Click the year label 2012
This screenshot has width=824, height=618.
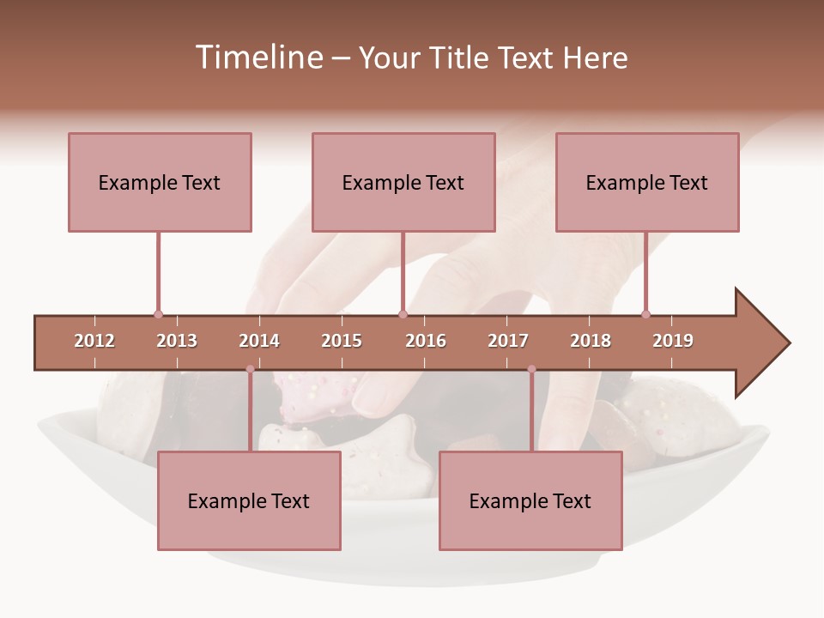(x=94, y=341)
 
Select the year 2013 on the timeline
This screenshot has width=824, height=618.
(x=177, y=341)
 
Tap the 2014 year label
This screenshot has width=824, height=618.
(x=259, y=341)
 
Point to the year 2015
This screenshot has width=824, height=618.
(x=342, y=341)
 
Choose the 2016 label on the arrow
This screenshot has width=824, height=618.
(x=426, y=341)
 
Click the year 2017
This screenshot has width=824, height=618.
(x=508, y=341)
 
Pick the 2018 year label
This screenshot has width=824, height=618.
(x=591, y=341)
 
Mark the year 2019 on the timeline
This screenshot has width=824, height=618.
(x=673, y=341)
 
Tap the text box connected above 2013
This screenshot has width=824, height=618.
(x=160, y=182)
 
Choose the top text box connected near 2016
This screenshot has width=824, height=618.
(x=403, y=182)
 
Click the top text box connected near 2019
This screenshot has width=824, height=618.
(x=647, y=182)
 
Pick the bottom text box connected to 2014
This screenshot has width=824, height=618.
(x=249, y=500)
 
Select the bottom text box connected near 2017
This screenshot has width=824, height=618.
(x=530, y=500)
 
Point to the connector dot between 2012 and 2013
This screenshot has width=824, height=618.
(x=158, y=314)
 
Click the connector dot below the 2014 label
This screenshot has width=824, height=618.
(x=250, y=369)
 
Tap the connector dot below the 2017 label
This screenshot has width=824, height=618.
(x=531, y=369)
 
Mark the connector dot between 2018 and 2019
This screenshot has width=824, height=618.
(x=645, y=314)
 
